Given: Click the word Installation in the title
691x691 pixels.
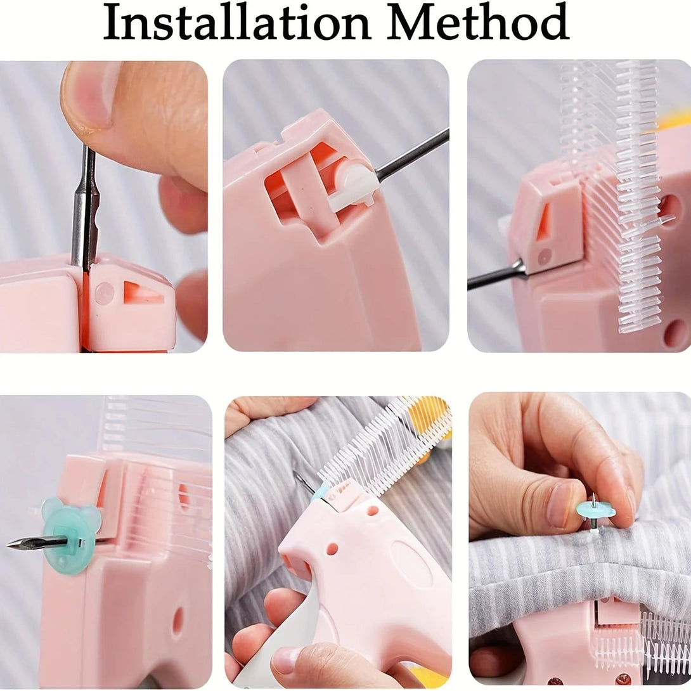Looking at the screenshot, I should point(236,23).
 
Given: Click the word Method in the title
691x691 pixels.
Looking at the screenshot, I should point(478,23).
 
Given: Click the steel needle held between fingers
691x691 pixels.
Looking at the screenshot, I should point(84,209).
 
